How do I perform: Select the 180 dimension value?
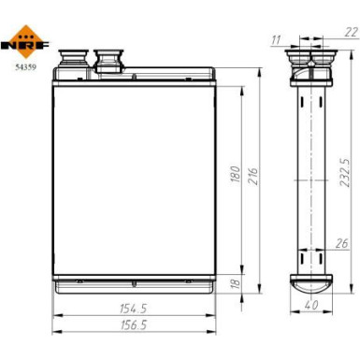tap(237, 174)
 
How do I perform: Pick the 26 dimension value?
tap(341, 245)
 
